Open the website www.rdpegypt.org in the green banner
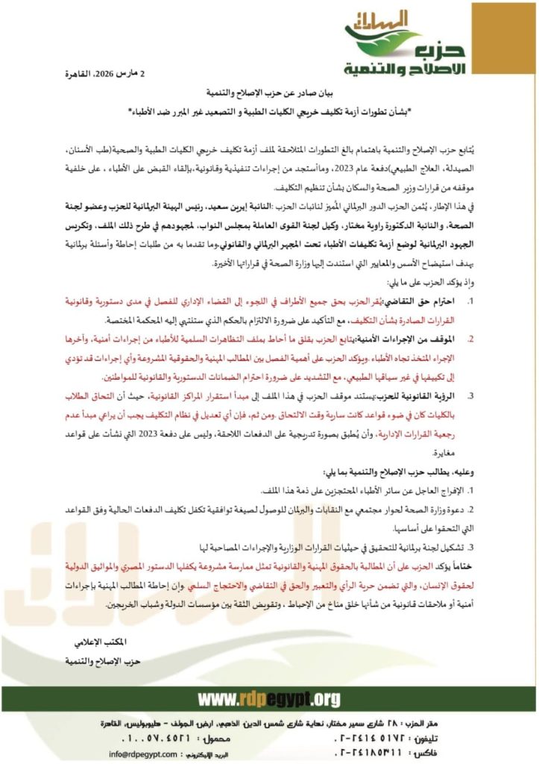[268, 699]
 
